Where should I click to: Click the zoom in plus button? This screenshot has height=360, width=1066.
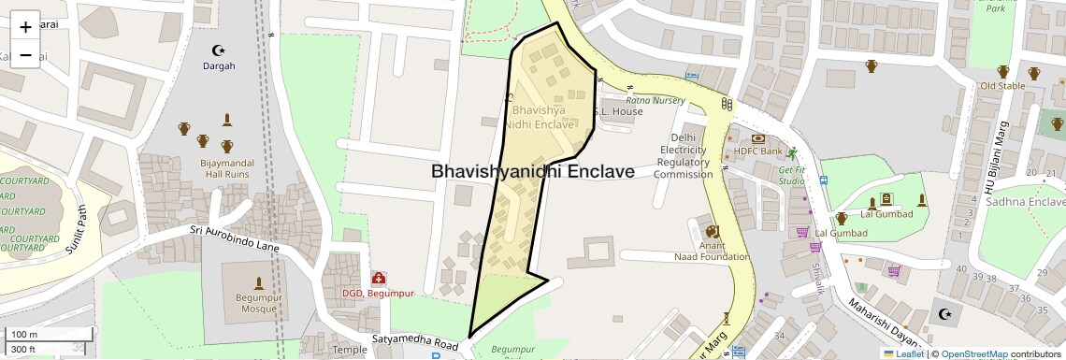25,26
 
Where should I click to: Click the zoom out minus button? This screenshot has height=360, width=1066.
25,54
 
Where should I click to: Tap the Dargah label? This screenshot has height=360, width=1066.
220,66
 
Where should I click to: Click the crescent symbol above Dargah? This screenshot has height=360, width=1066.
220,50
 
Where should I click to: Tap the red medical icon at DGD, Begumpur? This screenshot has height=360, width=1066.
379,278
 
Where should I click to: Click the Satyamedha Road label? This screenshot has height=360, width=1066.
415,342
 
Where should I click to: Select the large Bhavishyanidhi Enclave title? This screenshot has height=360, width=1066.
532,172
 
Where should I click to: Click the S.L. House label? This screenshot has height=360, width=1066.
618,111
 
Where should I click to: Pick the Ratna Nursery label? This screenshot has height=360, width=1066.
655,99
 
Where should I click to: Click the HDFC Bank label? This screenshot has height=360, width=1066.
757,151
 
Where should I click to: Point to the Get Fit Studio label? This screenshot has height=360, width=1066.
792,175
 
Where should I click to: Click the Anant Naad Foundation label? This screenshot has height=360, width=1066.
712,251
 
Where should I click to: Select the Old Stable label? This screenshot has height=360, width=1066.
1001,86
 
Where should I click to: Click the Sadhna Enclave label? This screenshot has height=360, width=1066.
1026,202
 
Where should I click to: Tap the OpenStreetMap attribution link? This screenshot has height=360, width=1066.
973,354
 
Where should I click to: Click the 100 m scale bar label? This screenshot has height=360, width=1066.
24,335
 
